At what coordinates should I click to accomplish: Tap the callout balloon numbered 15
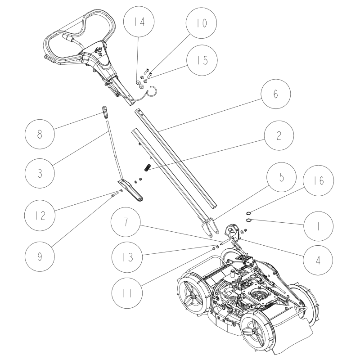pos(201,60)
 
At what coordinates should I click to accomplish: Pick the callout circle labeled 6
pos(274,95)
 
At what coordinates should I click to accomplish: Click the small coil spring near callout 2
pos(147,168)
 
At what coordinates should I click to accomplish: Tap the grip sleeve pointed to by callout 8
pos(104,111)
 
